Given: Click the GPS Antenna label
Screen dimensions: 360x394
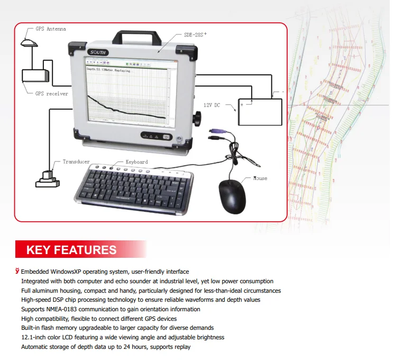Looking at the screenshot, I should [51, 29].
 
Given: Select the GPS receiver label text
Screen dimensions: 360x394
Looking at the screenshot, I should [51, 94].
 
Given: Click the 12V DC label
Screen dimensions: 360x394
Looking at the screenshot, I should [214, 105].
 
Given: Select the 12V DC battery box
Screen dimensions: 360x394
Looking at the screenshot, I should [260, 112].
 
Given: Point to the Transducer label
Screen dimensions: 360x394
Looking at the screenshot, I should [76, 162].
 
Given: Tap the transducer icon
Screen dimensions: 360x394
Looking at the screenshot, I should [47, 178].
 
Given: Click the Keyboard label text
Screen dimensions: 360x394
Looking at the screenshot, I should [136, 162].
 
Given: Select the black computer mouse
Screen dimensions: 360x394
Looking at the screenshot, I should [233, 196].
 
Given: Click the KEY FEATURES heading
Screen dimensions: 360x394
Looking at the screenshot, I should [71, 250].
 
